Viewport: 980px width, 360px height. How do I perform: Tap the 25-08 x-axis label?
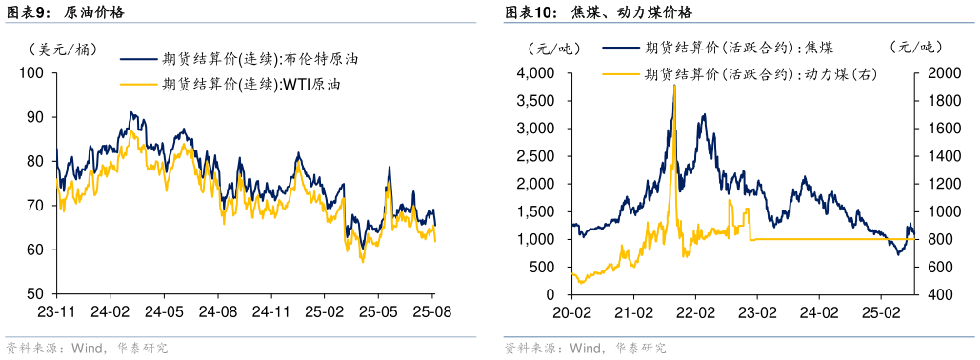click(432, 311)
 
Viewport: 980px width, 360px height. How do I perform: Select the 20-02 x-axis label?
click(570, 311)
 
